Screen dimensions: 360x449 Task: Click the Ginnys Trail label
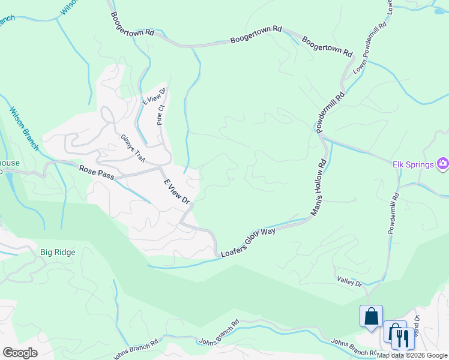pos(133,147)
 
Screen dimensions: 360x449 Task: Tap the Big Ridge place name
pos(58,252)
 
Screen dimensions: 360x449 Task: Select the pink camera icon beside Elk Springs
pos(443,163)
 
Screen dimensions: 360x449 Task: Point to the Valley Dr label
pos(349,282)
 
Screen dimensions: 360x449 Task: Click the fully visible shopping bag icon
pos(371,316)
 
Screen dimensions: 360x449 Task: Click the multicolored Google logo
pos(20,353)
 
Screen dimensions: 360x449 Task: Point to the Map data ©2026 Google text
pos(412,355)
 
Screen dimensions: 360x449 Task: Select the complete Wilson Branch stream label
pos(24,129)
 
